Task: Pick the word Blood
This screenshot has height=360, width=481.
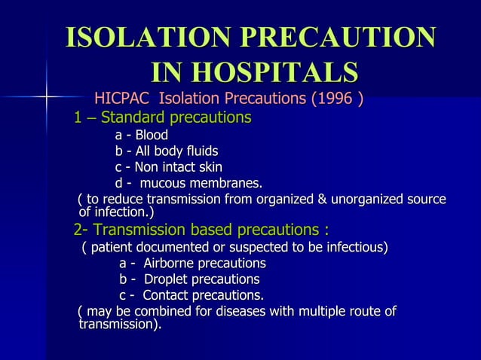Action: coord(152,136)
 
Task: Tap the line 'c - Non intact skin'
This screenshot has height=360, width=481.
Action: coord(168,167)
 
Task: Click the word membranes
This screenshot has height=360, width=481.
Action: coord(225,183)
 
